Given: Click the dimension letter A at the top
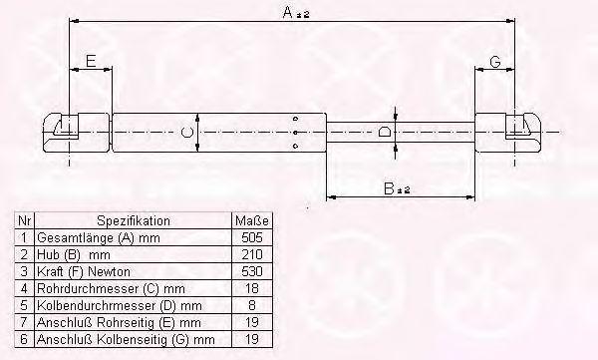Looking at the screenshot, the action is point(288,12).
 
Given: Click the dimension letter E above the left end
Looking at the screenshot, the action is point(91,61).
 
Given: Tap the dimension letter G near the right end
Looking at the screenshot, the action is point(495,62).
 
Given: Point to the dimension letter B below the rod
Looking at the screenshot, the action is point(389,188).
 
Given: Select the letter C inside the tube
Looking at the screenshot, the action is point(187,132).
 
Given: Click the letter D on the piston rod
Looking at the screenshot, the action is point(384,132).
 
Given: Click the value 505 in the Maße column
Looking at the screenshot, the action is point(252,237).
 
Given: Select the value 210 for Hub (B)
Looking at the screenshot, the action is point(252,254).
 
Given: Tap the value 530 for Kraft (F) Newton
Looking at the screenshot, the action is point(252,271).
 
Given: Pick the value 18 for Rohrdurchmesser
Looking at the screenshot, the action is point(252,288).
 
